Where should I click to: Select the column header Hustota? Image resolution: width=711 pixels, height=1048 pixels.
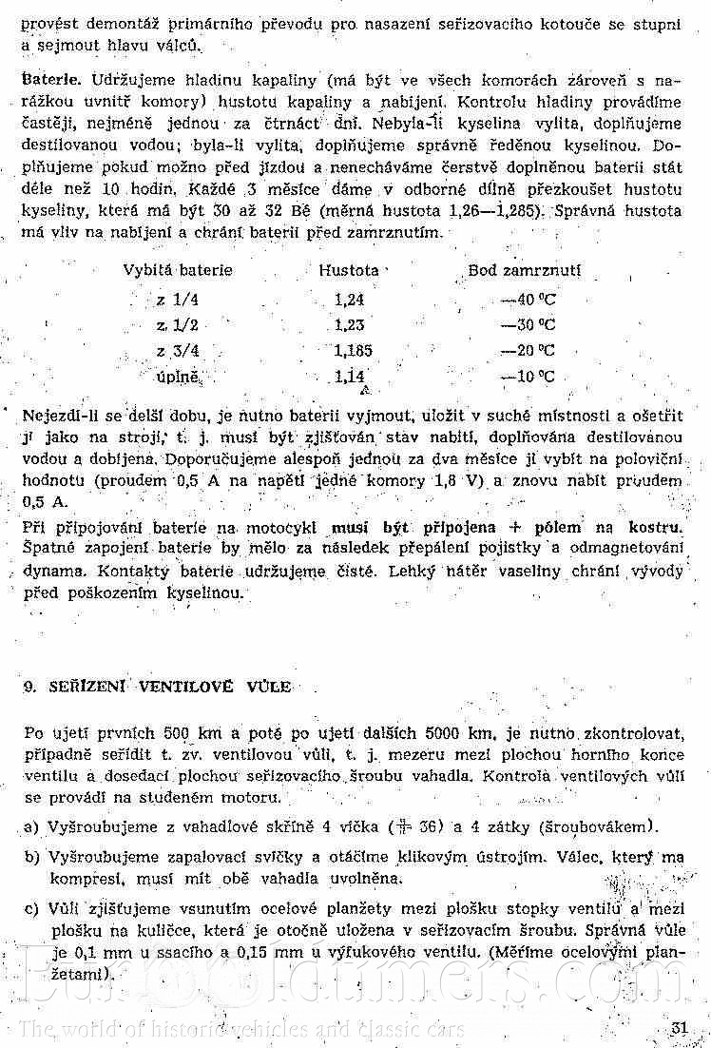pyautogui.click(x=349, y=270)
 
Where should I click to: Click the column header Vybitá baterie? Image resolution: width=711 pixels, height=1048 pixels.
pyautogui.click(x=178, y=270)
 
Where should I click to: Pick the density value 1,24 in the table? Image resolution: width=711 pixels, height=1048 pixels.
pyautogui.click(x=349, y=300)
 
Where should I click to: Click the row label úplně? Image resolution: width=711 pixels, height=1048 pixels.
pyautogui.click(x=178, y=376)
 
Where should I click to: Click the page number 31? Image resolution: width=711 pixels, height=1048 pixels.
pyautogui.click(x=678, y=1027)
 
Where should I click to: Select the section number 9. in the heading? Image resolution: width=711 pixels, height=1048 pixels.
pyautogui.click(x=29, y=686)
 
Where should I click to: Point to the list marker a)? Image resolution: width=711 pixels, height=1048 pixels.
pyautogui.click(x=31, y=825)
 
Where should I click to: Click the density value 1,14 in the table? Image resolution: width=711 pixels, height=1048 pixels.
pyautogui.click(x=350, y=376)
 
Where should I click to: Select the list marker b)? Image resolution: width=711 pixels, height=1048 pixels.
pyautogui.click(x=31, y=858)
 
